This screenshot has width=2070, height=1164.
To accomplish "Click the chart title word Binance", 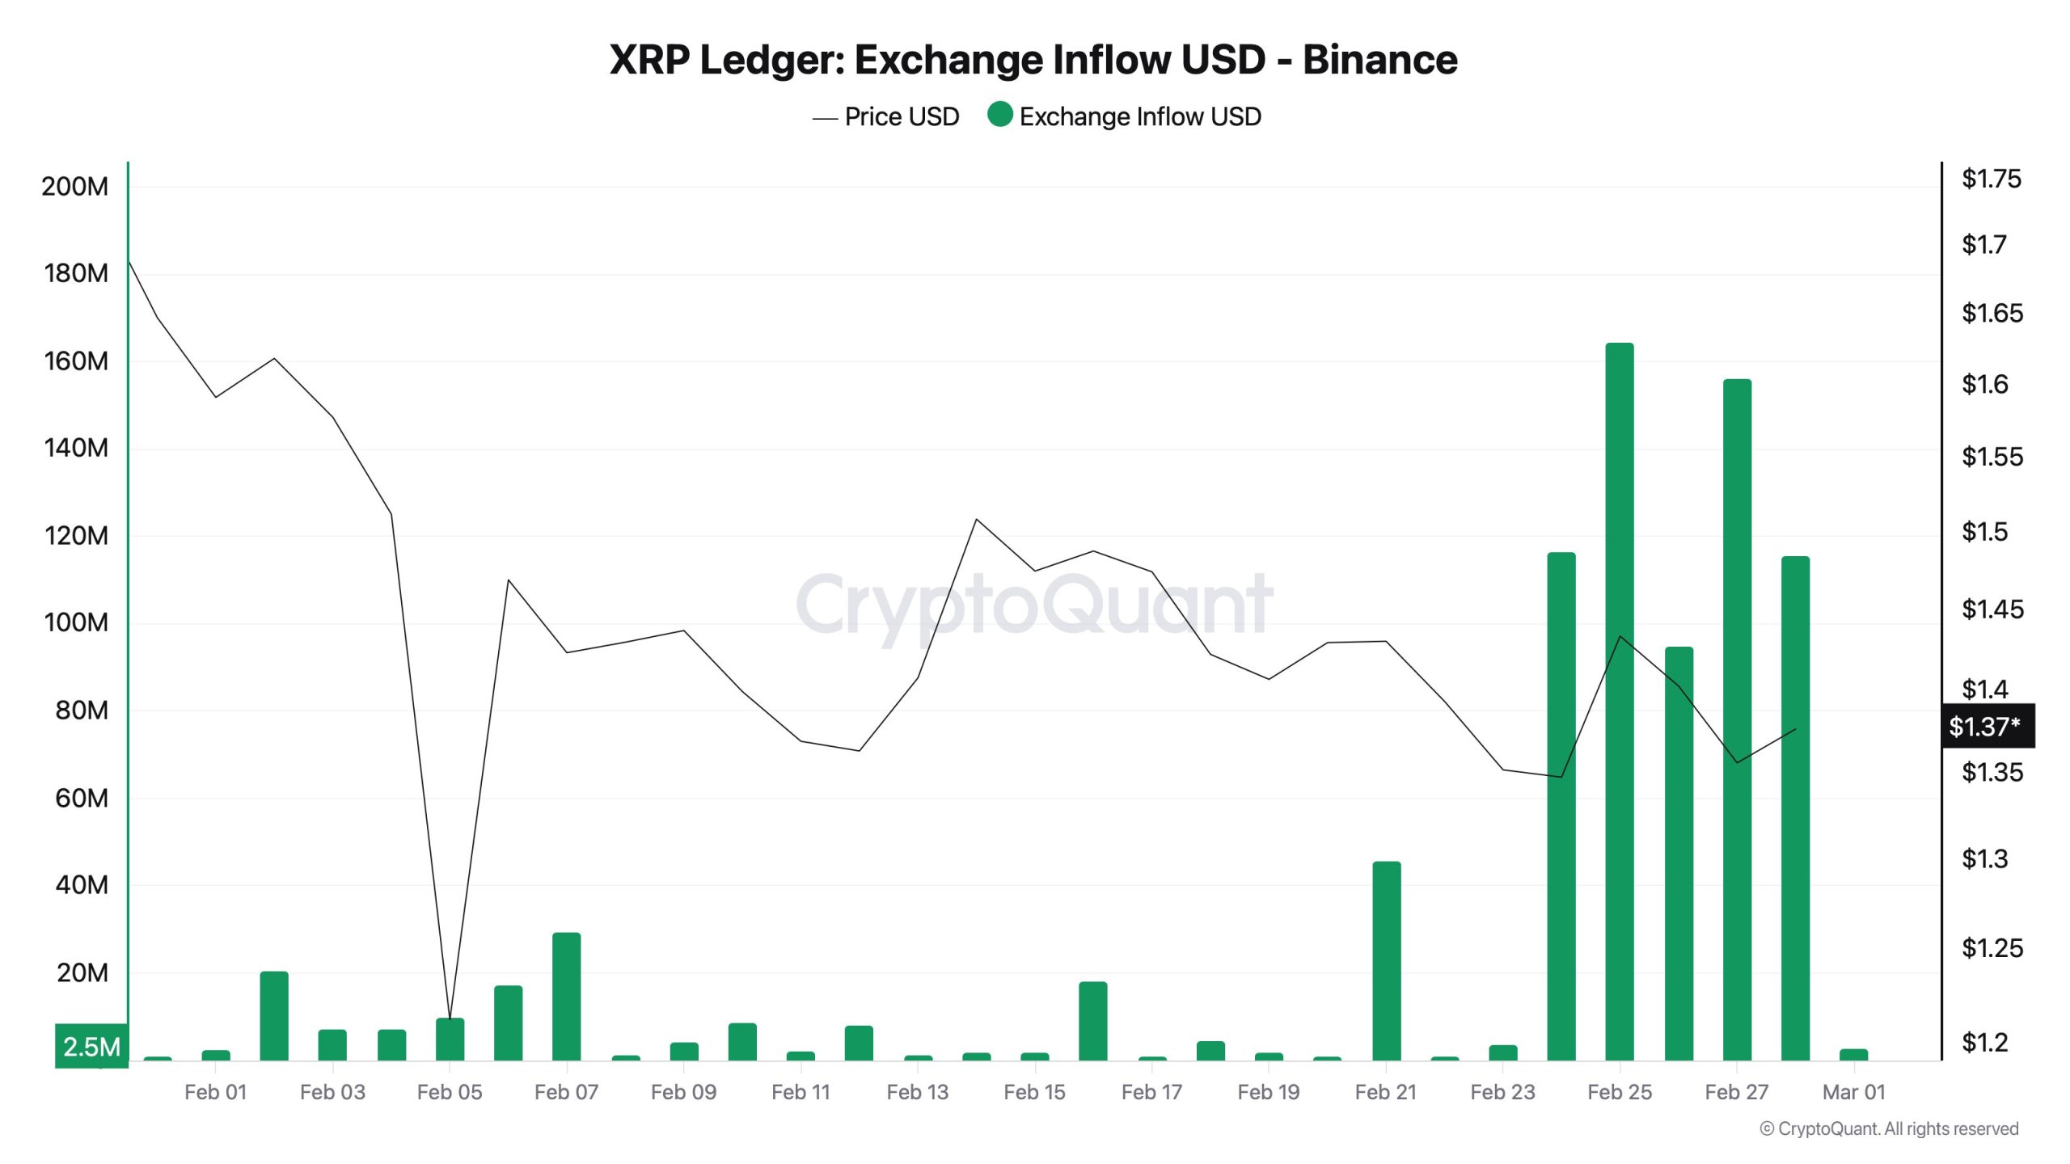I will click(x=1379, y=60).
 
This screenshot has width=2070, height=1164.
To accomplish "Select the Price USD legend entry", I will click(x=886, y=117).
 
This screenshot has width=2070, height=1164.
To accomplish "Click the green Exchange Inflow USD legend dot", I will click(x=1000, y=114).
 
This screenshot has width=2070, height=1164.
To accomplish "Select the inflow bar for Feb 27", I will click(x=1737, y=719).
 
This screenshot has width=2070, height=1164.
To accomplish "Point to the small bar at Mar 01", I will click(x=1853, y=1054).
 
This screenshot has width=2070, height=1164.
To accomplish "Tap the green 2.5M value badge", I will click(x=91, y=1047).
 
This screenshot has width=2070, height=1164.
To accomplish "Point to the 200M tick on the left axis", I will click(x=74, y=187).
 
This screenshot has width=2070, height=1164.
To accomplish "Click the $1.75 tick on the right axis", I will click(x=1991, y=179).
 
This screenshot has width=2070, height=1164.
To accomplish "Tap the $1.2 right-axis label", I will click(x=1984, y=1043).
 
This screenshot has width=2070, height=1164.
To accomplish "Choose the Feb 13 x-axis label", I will click(x=917, y=1092).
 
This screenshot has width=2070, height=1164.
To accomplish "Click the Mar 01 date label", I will click(x=1853, y=1092).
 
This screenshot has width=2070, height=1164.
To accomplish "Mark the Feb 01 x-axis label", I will click(x=215, y=1092).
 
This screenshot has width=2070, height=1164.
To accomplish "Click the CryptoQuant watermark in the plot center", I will click(x=1034, y=605).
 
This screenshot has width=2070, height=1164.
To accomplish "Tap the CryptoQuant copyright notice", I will click(x=1889, y=1128).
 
